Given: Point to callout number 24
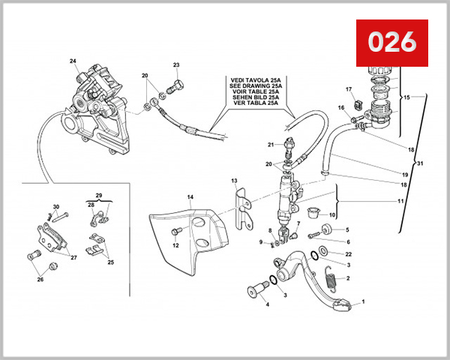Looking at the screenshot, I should (73, 61).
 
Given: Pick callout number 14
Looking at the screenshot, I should (190, 197).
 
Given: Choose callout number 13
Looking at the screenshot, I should (234, 181).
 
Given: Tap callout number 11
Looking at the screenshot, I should (400, 202).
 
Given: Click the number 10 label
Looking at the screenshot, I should (332, 215).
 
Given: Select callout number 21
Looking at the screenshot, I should (271, 144).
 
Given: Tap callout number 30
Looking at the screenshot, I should (55, 207).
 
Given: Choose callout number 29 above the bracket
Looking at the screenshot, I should (99, 194).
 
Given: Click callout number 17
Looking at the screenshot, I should (349, 90).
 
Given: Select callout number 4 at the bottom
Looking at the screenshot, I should (266, 305).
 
